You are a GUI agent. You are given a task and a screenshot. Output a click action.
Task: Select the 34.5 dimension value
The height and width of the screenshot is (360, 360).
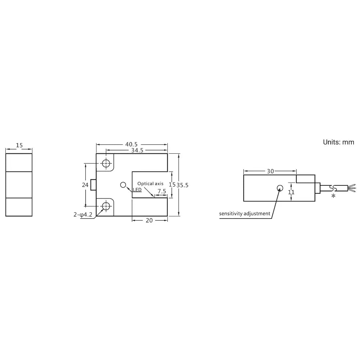[137, 150]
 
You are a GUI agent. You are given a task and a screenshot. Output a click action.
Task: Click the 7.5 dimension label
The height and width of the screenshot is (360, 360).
[162, 191]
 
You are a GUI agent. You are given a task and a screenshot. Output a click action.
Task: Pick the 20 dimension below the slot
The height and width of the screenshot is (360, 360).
[149, 221]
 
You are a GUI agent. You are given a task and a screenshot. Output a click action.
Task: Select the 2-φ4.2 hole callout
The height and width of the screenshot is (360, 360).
[83, 215]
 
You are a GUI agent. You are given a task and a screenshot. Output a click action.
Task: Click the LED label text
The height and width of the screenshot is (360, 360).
[137, 190]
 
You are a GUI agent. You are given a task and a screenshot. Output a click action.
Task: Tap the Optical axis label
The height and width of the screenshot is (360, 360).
[150, 184]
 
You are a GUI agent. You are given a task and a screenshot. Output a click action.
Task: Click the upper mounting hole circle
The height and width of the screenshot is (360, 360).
[106, 163]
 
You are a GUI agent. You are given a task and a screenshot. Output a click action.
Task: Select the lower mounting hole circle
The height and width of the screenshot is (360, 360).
[106, 206]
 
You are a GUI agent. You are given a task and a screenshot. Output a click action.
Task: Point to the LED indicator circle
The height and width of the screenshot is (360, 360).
[123, 185]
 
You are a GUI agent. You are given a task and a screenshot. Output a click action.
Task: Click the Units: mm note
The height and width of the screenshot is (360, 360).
[338, 142]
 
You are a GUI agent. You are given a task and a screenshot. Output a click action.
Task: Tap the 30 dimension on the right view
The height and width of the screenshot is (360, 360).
[270, 171]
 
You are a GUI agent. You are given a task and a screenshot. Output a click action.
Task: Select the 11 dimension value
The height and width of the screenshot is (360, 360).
[291, 192]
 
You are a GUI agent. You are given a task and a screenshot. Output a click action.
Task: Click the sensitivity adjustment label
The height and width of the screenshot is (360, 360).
[245, 213]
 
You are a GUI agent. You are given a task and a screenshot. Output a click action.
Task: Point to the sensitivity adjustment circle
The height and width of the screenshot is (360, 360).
[280, 188]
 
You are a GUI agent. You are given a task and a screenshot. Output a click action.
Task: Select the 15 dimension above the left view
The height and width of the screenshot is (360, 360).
[19, 145]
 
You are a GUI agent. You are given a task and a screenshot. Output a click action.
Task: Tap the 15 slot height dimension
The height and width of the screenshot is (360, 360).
[172, 184]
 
